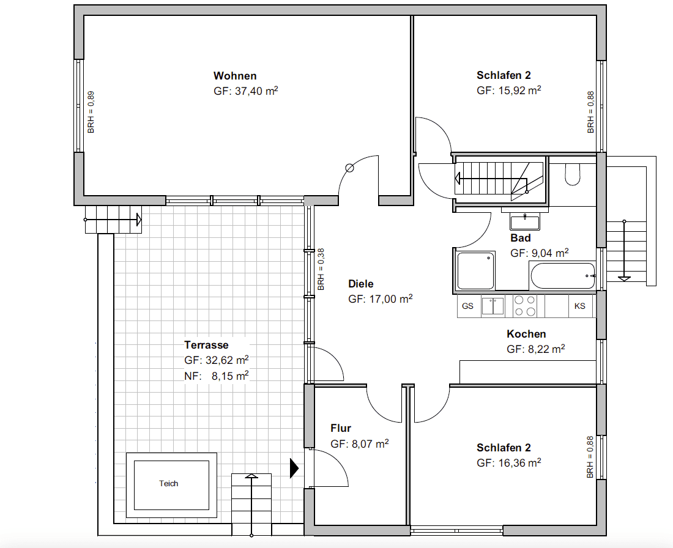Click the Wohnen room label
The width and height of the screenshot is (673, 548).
pos(235,76)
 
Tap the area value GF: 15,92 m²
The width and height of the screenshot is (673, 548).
pos(508,91)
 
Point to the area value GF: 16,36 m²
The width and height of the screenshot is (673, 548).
pos(508,463)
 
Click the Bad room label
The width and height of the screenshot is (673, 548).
pos(521,238)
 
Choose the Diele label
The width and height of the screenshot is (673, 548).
pos(360,284)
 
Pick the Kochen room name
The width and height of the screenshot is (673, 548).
pos(526,334)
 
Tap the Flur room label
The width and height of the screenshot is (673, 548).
pos(341,428)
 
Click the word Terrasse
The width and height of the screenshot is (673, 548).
pos(206,345)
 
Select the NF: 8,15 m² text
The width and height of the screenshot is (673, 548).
pos(216,376)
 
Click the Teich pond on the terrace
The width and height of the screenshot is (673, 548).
pos(169,484)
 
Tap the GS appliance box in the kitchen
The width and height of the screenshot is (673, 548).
pos(468,306)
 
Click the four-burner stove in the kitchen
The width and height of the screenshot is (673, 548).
pos(525,306)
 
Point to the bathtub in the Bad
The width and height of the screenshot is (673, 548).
pos(562,276)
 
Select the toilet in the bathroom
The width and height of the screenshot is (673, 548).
pos(573,174)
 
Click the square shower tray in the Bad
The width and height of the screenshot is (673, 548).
pos(476,270)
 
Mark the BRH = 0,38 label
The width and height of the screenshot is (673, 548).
pos(321,268)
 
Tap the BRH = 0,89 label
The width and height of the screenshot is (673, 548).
pos(91,112)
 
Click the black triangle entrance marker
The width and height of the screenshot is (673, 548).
pos(294,468)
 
